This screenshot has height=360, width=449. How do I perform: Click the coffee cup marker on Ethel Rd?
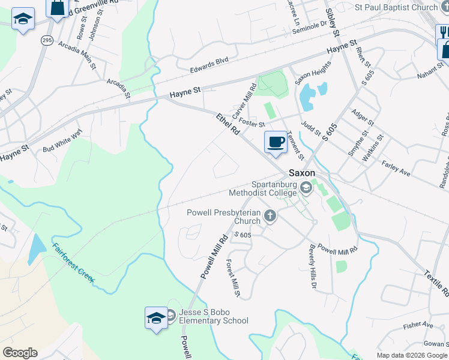[276, 143]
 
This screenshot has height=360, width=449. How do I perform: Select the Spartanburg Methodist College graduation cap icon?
[306, 188]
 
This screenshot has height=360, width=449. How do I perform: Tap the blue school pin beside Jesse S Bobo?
[156, 318]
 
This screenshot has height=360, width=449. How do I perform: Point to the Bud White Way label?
[62, 142]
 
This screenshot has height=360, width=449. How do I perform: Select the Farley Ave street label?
[396, 168]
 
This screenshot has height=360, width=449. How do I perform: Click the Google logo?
[20, 353]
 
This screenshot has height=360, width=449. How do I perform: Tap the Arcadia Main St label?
[77, 56]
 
